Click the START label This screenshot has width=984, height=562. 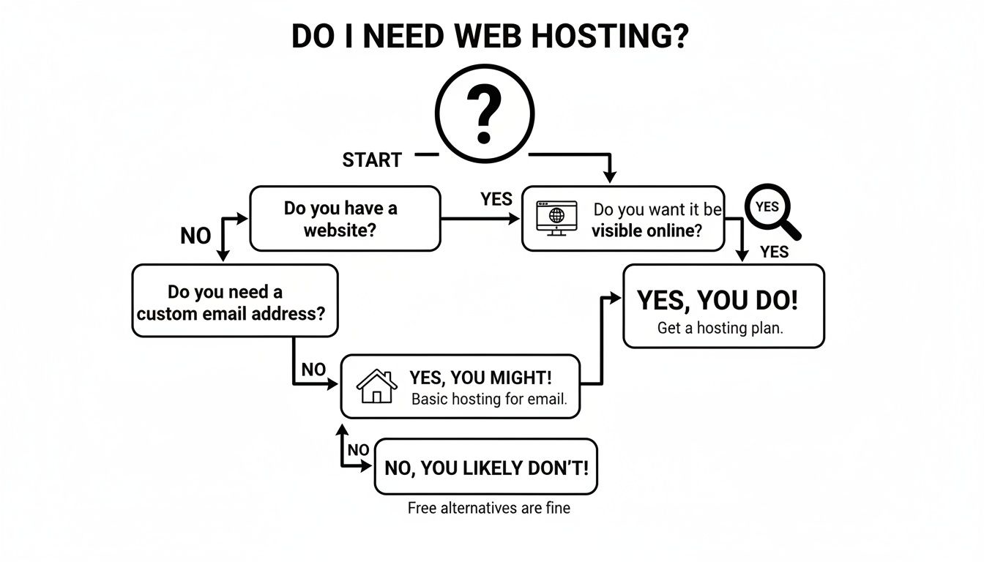point(372,160)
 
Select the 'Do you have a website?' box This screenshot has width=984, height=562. point(345,218)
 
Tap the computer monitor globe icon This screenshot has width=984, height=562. point(556,217)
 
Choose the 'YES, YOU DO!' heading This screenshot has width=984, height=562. point(717,300)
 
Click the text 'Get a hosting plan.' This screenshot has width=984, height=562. point(720,328)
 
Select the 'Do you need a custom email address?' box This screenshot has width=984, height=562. point(235,301)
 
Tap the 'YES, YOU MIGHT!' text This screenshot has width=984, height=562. point(480,378)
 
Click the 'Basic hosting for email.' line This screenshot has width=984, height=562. point(489,400)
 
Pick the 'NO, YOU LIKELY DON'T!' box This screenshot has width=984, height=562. point(485,468)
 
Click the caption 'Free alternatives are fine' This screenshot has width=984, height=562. point(488,508)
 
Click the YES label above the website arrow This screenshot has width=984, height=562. point(496,199)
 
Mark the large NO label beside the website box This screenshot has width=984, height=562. point(195,236)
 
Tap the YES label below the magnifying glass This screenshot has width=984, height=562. point(774,252)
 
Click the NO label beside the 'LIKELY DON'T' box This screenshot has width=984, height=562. point(357,450)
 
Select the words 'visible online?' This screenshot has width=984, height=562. point(646,231)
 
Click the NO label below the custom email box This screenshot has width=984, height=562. point(313,370)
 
